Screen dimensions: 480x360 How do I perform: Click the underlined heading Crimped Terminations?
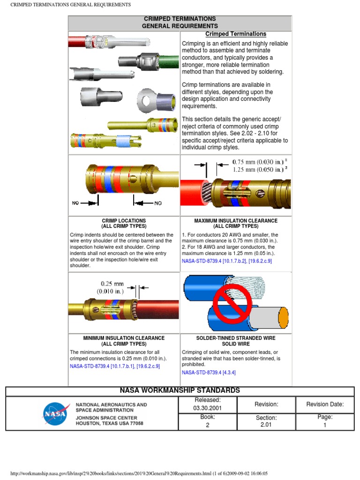[x=236, y=34]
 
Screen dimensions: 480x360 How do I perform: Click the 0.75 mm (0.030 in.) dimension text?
[x=258, y=162]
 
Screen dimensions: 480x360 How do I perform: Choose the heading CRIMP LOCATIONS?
[x=124, y=220]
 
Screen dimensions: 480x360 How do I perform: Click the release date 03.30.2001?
[x=207, y=408]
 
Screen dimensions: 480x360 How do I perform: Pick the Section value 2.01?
[x=266, y=425]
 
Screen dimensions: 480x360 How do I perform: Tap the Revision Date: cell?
[x=325, y=405]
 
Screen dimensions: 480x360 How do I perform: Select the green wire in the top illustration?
[x=170, y=61]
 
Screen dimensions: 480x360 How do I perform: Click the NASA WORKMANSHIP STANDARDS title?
[x=180, y=390]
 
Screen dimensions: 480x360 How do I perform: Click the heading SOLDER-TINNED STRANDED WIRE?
[x=235, y=338]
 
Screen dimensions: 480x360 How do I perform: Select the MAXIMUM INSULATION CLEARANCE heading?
[x=236, y=220]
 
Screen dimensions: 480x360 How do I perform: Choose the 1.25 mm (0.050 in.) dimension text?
[x=258, y=170]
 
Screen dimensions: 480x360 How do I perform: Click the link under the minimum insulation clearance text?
[x=115, y=366]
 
